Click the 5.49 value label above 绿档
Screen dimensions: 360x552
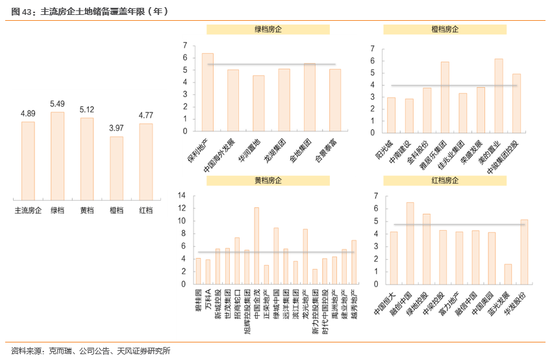click(x=57, y=104)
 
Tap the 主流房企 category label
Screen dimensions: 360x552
click(x=28, y=211)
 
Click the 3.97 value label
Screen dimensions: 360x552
click(x=116, y=128)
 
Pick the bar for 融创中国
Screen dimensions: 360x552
click(x=410, y=243)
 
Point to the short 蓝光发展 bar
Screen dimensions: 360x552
click(x=508, y=274)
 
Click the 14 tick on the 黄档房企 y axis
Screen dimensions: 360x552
click(x=181, y=196)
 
